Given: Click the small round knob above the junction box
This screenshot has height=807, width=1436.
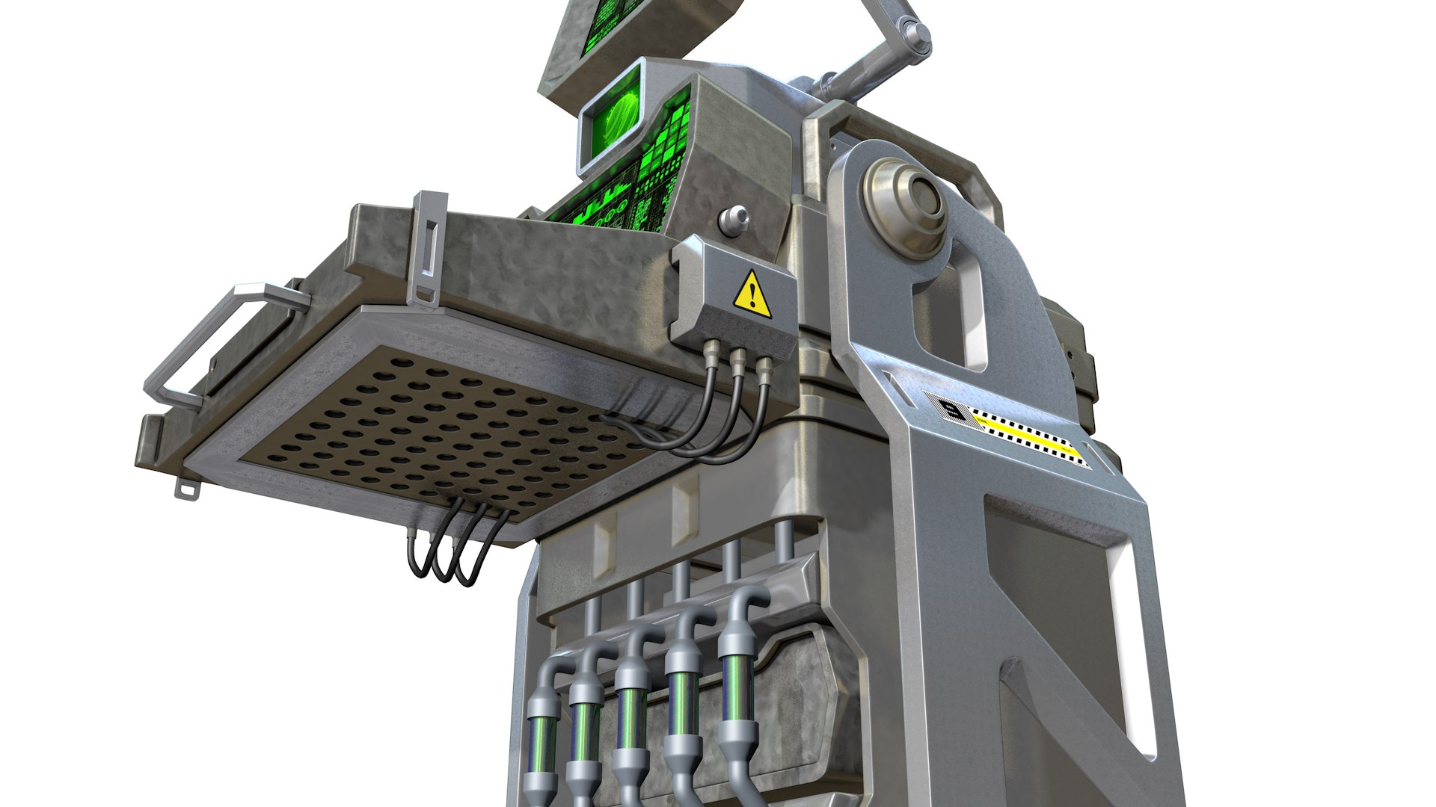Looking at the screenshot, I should (734, 219).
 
